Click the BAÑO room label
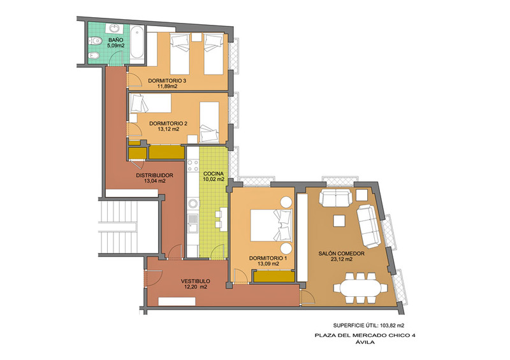coord(116,40)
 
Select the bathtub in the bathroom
coord(137,43)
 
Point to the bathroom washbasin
coord(115,29)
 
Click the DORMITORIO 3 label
coord(167,81)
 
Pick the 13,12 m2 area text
coord(168,129)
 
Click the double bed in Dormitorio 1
coord(272,225)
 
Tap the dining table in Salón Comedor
coord(360,288)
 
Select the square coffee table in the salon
coord(340,221)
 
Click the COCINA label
coord(214,174)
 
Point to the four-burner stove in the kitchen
coord(193,165)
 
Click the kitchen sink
coord(193,224)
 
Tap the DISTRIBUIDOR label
coord(154,175)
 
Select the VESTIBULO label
coord(196,281)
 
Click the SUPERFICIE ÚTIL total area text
coord(368,325)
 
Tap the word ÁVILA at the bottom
coord(365,342)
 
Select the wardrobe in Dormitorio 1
coord(274,277)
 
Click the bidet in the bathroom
coord(94,56)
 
